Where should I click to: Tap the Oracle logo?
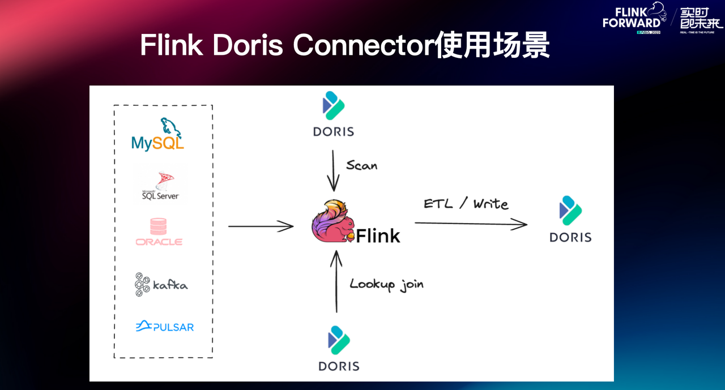[159, 233]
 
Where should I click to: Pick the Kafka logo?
[161, 284]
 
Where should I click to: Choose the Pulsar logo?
[165, 327]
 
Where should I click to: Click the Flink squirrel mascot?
[333, 222]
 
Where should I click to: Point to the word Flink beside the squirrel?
[378, 235]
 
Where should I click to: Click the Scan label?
[361, 165]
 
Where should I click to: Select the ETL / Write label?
[466, 204]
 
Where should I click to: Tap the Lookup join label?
[386, 284]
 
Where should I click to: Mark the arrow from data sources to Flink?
[261, 226]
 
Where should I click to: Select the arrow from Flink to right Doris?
[471, 224]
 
